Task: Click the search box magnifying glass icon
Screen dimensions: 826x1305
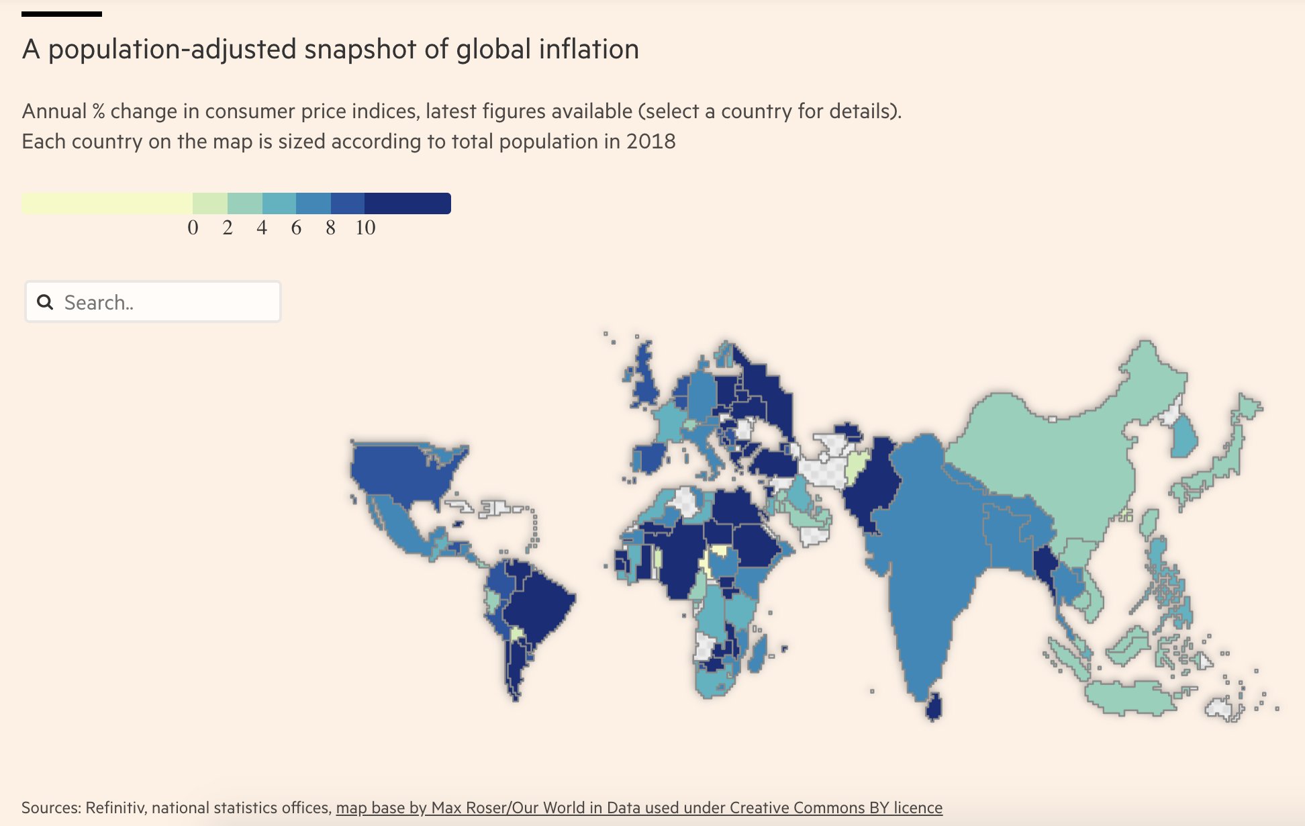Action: pos(45,302)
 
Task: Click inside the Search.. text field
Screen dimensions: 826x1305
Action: pos(168,302)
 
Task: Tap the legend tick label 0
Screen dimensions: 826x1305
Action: pos(193,228)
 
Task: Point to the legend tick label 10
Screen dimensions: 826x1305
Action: pos(365,228)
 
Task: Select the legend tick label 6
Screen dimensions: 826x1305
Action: pos(296,228)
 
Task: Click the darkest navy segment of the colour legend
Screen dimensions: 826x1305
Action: pos(407,203)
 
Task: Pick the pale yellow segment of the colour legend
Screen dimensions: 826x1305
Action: pos(107,203)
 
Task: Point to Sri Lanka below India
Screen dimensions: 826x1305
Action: pos(934,708)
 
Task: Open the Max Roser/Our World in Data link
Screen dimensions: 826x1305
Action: pos(638,807)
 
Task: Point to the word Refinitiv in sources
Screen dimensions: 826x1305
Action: pos(115,807)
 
